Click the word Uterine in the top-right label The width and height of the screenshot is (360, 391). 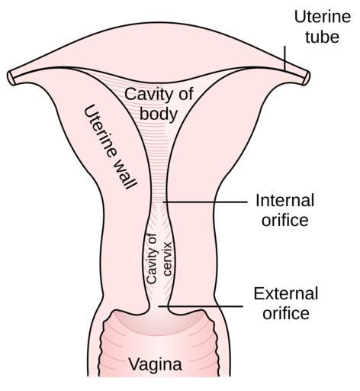[323, 17]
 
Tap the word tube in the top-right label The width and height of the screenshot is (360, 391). [322, 37]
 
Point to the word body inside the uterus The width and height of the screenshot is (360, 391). [159, 114]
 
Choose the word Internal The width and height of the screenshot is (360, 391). [285, 200]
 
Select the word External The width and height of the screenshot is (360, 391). [286, 293]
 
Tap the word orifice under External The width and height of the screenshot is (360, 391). [286, 313]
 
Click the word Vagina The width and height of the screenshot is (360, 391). [155, 364]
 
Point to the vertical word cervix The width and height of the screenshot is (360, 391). [168, 259]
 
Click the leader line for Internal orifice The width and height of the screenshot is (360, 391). [205, 202]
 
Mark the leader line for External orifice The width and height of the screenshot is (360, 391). [201, 306]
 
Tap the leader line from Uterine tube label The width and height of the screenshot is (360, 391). [284, 58]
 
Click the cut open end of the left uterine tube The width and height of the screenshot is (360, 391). [11, 77]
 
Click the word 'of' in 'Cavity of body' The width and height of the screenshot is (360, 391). [185, 94]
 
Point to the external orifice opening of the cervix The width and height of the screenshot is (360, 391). [159, 308]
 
